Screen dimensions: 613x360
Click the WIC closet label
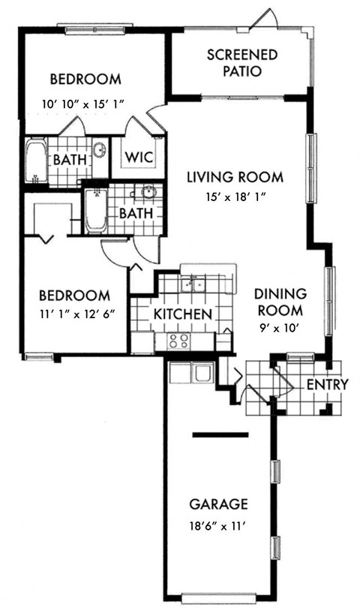point(139,158)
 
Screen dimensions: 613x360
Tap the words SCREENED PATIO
point(242,64)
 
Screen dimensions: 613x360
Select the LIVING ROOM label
point(235,178)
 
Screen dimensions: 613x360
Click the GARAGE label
point(218,504)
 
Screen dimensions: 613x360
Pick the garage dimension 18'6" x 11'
point(218,526)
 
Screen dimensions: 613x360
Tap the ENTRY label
point(328,385)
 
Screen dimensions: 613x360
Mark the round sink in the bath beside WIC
point(100,149)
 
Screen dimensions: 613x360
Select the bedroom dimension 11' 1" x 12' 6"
point(76,314)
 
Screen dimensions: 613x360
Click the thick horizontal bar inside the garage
point(220,434)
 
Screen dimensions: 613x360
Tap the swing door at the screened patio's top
point(263,19)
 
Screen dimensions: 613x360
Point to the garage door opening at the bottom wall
point(218,598)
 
